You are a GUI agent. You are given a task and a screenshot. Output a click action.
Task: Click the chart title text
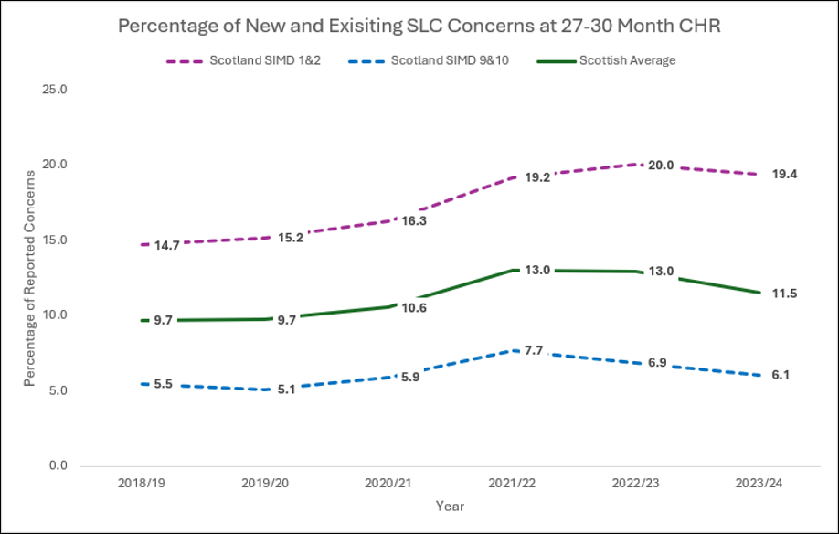coord(419,26)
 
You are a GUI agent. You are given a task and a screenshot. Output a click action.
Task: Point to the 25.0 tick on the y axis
coord(56,90)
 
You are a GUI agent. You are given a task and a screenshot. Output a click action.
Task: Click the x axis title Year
coord(451,506)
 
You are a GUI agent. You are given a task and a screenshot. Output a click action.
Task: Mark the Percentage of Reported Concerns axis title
coord(29,277)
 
